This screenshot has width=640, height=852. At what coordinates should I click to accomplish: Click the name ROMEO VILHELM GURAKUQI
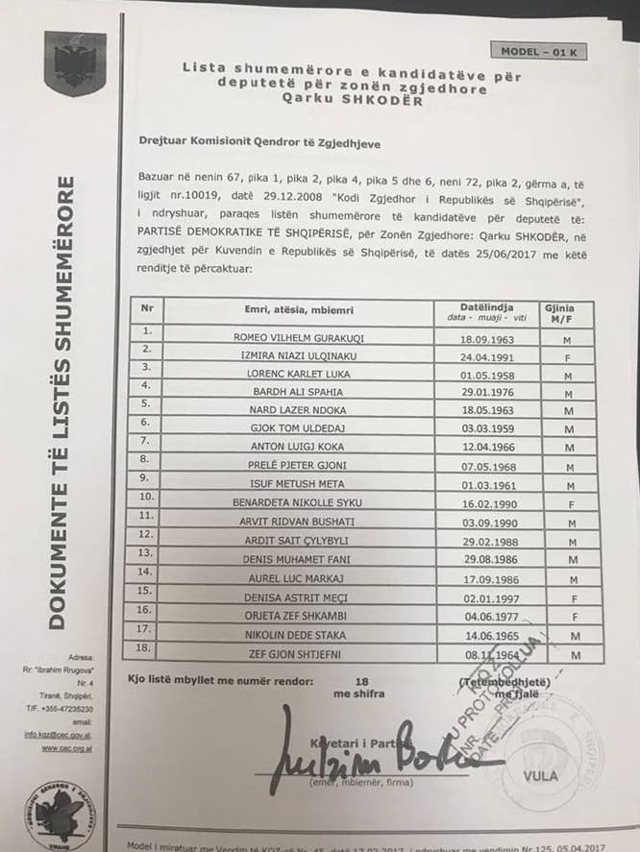[x=301, y=338]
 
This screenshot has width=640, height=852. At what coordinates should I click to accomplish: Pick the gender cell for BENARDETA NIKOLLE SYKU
[x=572, y=501]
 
